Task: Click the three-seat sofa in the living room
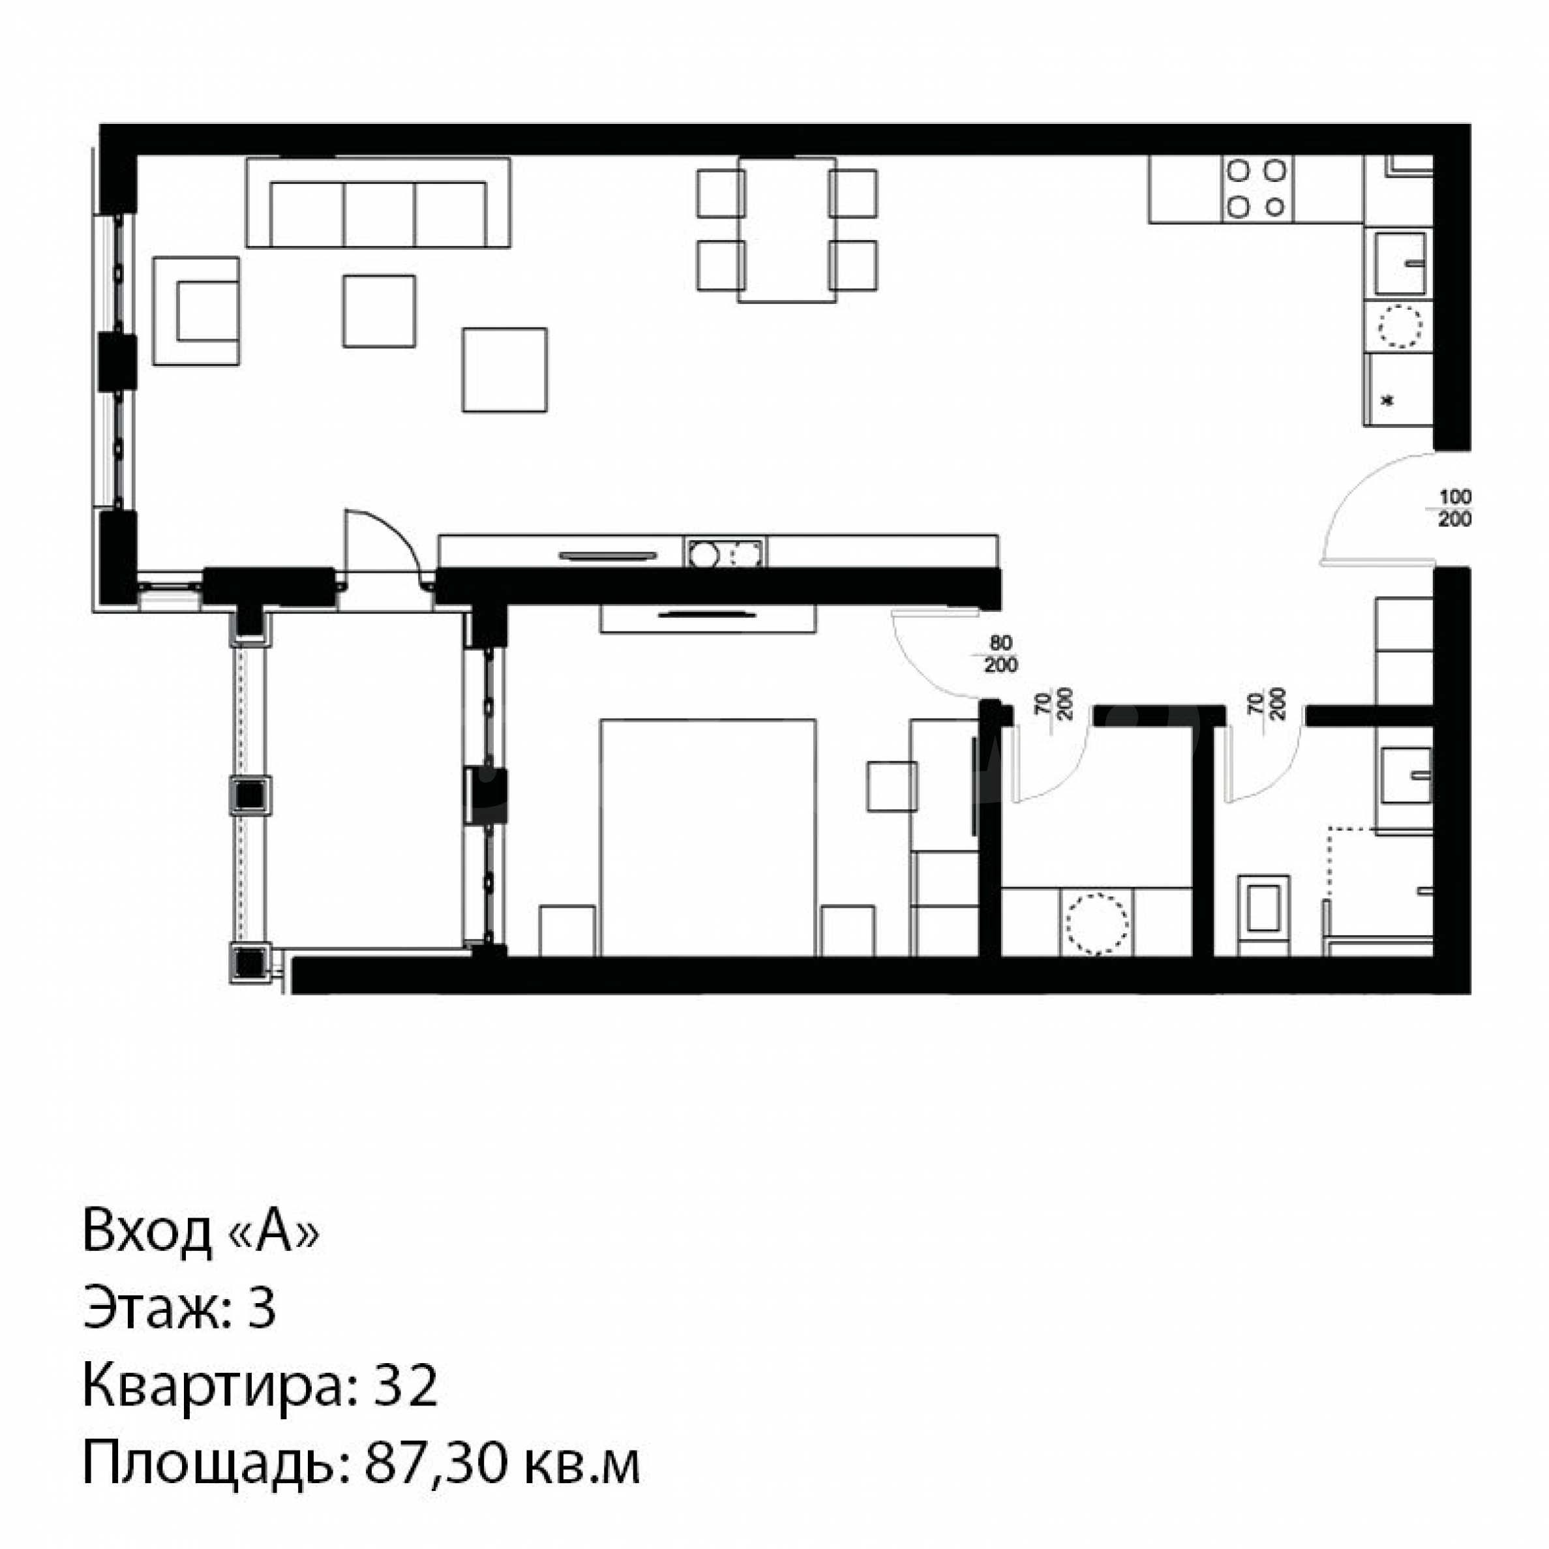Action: (378, 203)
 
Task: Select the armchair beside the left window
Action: (196, 311)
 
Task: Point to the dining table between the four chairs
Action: (787, 230)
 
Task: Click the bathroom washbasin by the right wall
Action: (1406, 775)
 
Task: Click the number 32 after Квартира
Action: (406, 1386)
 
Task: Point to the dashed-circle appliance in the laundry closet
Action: (1096, 922)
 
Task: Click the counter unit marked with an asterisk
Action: (1398, 389)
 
